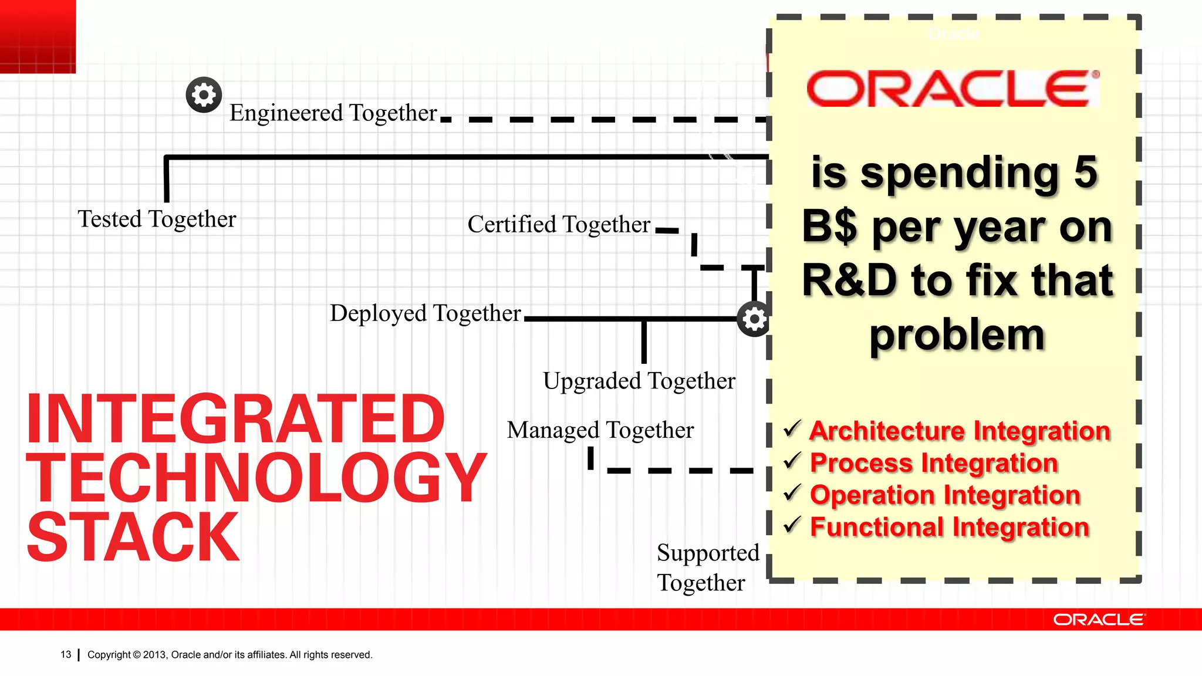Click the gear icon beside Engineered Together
204,94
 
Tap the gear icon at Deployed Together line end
754,319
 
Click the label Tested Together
157,219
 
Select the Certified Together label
559,225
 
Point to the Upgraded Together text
639,381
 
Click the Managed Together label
600,431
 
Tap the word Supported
707,553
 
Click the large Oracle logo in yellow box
953,89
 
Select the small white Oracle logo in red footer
1098,620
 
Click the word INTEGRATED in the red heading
235,419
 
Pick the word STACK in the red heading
133,537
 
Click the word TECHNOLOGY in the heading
256,478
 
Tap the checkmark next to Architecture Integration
792,429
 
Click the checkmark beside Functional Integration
792,525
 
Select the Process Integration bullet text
934,463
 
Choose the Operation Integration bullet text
945,495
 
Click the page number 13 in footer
66,654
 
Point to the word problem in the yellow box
957,335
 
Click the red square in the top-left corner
38,36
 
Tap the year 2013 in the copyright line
155,655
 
